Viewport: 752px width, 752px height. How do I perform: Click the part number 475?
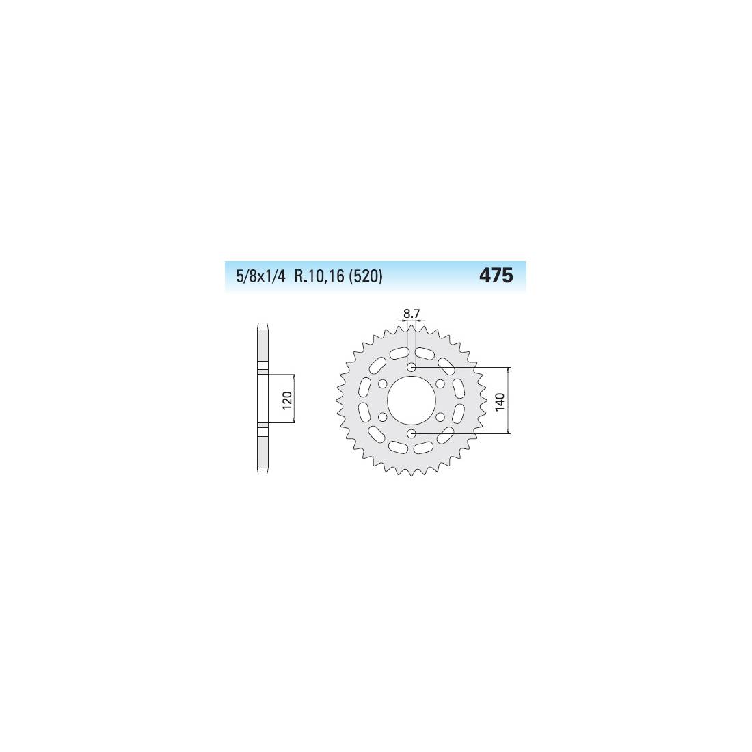pos(496,276)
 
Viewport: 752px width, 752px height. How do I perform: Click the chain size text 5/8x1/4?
pos(261,277)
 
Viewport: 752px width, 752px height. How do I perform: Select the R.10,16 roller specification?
pos(320,277)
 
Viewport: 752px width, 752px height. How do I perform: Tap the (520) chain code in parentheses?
pos(366,277)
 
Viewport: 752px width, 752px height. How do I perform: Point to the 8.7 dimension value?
pos(412,314)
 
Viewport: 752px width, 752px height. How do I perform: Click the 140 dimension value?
pos(500,401)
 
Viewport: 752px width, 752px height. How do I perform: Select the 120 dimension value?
pos(287,401)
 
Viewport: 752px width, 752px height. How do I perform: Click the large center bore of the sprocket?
pos(412,401)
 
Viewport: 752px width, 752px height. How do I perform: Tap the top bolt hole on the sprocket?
pos(412,367)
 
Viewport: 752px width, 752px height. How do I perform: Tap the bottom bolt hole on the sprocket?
pos(412,433)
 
